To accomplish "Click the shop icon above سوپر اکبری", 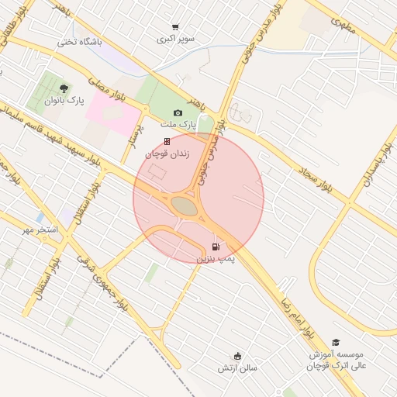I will (x=176, y=27).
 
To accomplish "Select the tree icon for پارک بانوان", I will (x=64, y=87).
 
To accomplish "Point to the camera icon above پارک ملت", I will (x=178, y=112).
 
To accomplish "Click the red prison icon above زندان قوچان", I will (x=166, y=141).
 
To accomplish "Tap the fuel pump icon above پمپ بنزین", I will (x=215, y=247).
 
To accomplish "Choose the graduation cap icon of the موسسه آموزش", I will (x=336, y=342).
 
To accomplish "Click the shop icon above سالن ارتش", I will (x=236, y=356).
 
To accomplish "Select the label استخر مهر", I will (x=40, y=230).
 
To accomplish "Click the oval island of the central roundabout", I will (x=185, y=205).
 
